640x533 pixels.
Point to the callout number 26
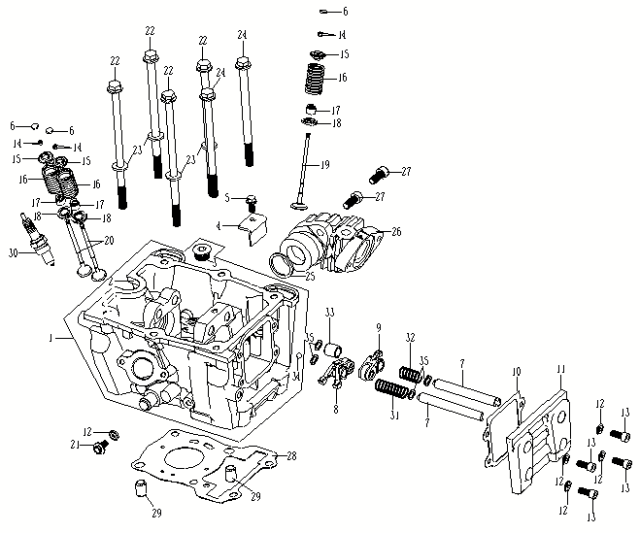tap(395, 232)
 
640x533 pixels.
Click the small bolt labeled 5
tap(251, 203)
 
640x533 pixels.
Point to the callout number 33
tap(329, 311)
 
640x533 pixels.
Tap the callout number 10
tap(518, 371)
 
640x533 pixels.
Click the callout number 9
tap(379, 327)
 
